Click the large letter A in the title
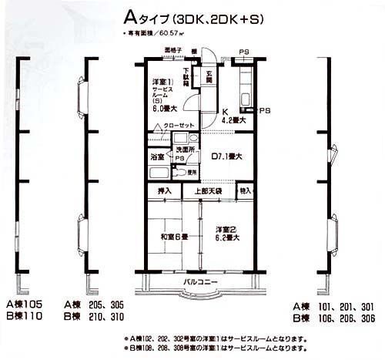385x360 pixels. [129, 17]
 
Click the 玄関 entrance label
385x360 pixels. [208, 76]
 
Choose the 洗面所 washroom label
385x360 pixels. [184, 148]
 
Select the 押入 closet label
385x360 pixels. [164, 190]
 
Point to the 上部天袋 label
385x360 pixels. [207, 190]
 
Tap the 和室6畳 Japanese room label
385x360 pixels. [172, 237]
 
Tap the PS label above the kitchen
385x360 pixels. [243, 53]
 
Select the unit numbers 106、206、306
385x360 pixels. [339, 316]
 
